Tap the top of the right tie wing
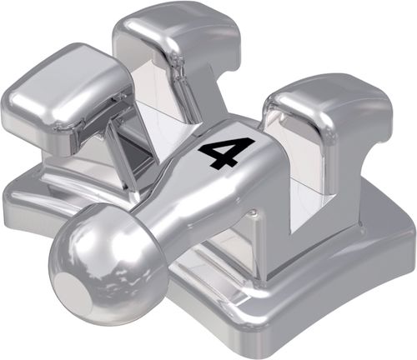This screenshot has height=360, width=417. coord(329,100)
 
